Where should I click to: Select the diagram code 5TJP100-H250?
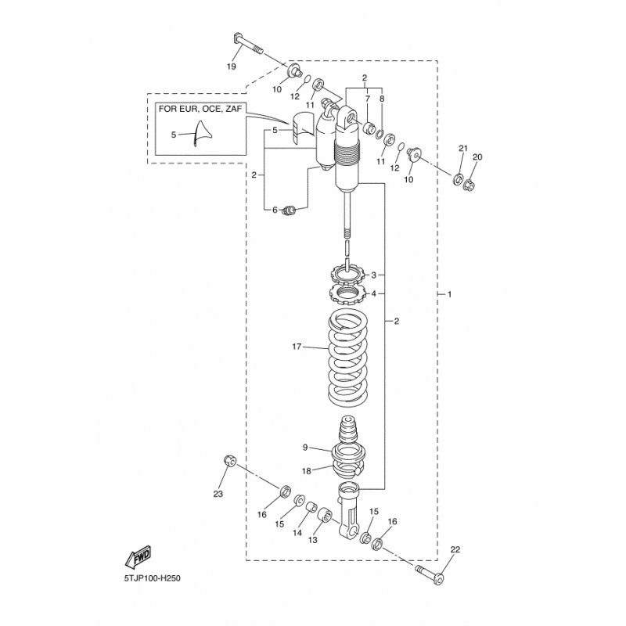(x=152, y=577)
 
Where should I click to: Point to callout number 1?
(x=449, y=294)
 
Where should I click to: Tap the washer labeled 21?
(x=458, y=178)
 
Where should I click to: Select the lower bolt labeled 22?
(x=430, y=573)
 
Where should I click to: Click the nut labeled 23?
(x=230, y=460)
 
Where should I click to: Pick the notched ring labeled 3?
(x=347, y=274)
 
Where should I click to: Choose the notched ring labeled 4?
(x=347, y=295)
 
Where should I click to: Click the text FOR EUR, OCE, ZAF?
(x=200, y=109)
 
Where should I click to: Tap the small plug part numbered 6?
(x=289, y=210)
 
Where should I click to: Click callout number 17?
(x=297, y=347)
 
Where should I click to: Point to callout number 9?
(x=305, y=448)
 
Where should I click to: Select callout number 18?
(x=306, y=471)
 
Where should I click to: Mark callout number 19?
(x=231, y=67)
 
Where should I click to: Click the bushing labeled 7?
(x=369, y=128)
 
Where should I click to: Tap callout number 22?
(x=455, y=549)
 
